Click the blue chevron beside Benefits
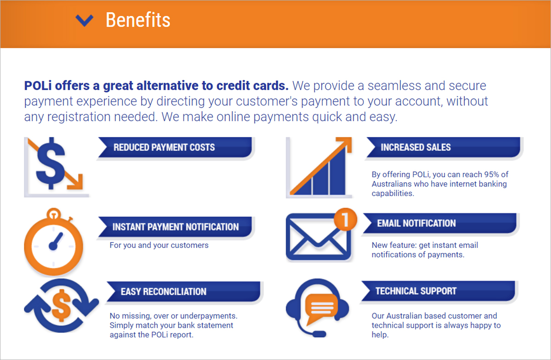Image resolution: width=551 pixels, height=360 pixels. (x=84, y=20)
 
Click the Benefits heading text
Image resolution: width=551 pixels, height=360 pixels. (x=138, y=20)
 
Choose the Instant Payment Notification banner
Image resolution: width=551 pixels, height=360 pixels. (x=175, y=227)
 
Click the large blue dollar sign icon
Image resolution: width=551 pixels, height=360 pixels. (x=51, y=163)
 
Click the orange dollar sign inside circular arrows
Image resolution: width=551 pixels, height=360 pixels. (x=62, y=305)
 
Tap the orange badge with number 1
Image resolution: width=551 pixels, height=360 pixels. (x=345, y=219)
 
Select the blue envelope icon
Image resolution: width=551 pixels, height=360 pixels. (x=318, y=237)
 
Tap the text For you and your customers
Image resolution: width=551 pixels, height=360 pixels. (x=159, y=245)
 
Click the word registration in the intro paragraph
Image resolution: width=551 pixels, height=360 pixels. (x=79, y=117)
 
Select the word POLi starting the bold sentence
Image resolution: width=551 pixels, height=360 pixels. (x=38, y=86)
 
